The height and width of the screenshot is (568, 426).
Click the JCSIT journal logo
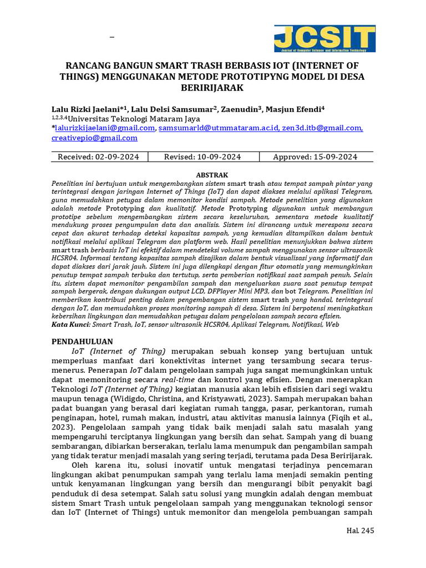[324, 39]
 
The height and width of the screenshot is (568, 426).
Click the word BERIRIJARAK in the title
[212, 88]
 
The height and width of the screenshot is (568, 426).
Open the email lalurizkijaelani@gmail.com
[104, 128]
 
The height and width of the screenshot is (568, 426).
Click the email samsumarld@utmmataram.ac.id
[218, 128]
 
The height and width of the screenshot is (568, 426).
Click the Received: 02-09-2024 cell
[99, 157]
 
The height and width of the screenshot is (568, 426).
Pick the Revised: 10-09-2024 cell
[202, 157]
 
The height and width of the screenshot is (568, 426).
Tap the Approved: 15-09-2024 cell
[315, 157]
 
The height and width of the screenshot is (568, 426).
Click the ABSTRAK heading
[212, 175]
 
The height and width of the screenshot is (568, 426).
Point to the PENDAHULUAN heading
[82, 341]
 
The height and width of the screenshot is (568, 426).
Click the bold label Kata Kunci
[70, 324]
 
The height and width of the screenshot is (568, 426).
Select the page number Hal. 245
[360, 530]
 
